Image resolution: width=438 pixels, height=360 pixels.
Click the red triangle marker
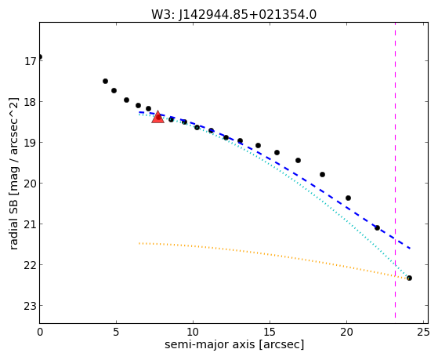click(x=157, y=117)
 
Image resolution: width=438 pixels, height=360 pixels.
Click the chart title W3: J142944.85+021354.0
click(x=233, y=15)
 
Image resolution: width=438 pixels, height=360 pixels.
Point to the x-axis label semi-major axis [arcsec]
click(x=234, y=344)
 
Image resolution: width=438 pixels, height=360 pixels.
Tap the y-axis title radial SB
click(x=13, y=173)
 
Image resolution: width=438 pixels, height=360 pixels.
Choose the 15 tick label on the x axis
click(x=270, y=332)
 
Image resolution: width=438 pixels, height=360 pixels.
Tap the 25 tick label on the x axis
click(x=423, y=332)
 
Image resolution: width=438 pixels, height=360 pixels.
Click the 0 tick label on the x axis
click(x=40, y=332)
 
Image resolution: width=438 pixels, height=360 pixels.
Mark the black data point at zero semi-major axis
click(x=40, y=57)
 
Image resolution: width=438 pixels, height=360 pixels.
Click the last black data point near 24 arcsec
click(x=409, y=278)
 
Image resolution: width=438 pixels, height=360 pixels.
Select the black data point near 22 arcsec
click(x=377, y=228)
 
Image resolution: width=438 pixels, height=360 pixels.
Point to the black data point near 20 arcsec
click(x=348, y=198)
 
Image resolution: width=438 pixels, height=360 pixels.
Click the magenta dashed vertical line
click(x=395, y=170)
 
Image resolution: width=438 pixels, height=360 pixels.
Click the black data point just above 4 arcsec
click(x=105, y=81)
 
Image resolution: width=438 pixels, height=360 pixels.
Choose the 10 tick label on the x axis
click(x=193, y=332)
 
